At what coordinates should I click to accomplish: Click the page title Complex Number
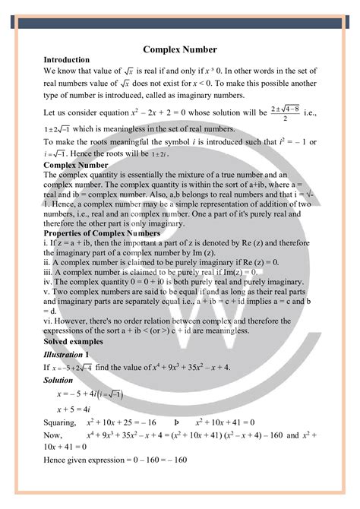[180, 49]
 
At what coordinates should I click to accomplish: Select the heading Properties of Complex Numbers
[96, 232]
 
